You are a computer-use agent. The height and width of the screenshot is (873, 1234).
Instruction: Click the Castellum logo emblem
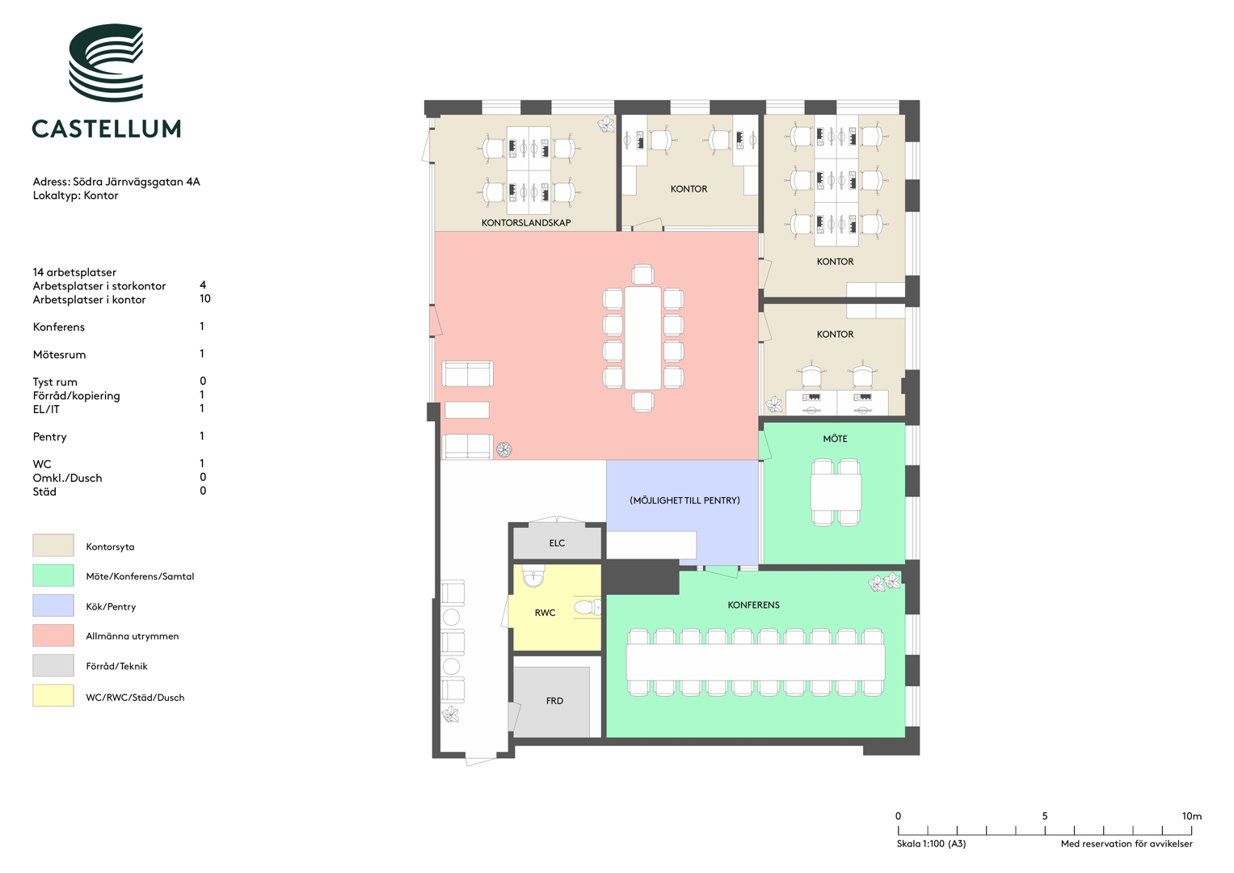(106, 62)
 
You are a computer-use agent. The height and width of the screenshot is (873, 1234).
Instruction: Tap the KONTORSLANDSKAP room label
(526, 222)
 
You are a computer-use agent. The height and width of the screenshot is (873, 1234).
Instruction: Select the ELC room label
(557, 543)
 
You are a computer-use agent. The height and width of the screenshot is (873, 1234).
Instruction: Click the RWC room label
(545, 613)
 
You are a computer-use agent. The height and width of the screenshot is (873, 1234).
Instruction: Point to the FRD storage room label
(554, 701)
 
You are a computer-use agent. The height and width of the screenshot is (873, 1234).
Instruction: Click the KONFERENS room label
(754, 605)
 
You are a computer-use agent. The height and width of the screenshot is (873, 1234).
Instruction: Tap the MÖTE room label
(835, 439)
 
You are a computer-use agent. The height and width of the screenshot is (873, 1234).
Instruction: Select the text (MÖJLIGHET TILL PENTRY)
(684, 500)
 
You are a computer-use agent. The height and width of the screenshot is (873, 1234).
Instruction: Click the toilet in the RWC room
(588, 607)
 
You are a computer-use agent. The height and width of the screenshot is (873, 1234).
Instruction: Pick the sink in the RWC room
(533, 576)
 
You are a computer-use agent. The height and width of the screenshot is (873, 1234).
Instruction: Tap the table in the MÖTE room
(836, 491)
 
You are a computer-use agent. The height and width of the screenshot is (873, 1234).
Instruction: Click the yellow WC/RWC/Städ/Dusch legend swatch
(53, 695)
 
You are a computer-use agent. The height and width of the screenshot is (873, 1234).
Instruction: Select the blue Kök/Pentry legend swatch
(53, 605)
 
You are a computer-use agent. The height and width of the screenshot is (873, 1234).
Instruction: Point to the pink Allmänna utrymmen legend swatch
(53, 635)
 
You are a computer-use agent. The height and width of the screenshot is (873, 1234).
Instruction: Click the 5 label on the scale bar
(1044, 816)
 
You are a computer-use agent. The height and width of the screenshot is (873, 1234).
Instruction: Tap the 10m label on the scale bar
(1192, 816)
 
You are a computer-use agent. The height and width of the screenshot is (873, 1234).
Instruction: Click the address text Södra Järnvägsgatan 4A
(137, 182)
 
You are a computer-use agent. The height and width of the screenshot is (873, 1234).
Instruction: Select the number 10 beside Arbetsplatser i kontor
(205, 299)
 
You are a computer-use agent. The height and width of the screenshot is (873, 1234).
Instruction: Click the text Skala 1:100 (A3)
(931, 844)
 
